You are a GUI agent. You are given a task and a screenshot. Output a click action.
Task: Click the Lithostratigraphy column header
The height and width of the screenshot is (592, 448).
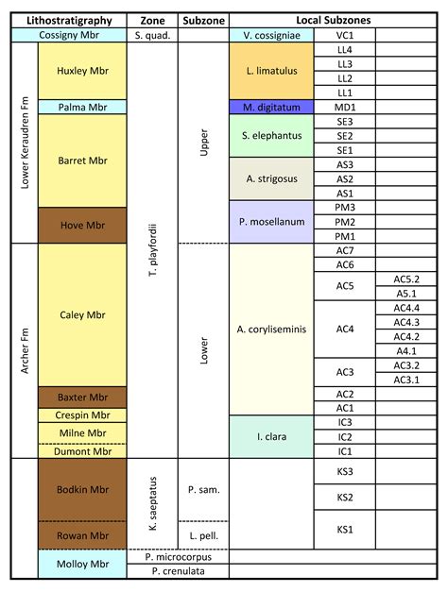pos(69,21)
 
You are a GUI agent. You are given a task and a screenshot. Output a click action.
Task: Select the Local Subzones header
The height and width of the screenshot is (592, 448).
pos(333,21)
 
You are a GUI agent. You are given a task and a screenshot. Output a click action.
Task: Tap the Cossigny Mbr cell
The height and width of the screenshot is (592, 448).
pos(69,35)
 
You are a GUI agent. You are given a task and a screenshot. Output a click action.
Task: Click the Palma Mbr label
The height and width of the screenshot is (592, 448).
pos(82,108)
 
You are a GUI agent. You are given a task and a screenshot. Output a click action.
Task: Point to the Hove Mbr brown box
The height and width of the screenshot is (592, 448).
pos(82,225)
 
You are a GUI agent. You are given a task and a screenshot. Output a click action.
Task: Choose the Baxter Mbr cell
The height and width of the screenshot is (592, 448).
pos(82,397)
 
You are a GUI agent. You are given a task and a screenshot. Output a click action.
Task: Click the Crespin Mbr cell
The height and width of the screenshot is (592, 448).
pos(82,415)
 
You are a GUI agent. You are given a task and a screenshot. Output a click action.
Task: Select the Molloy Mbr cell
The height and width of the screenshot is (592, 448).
pos(82,564)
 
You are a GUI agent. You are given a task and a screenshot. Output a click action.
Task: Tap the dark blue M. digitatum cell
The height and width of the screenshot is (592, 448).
pos(271,108)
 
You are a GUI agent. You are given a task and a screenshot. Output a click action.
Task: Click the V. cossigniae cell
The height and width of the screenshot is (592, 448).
pos(271,35)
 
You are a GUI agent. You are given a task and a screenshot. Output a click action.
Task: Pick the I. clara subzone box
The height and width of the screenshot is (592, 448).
pos(271,437)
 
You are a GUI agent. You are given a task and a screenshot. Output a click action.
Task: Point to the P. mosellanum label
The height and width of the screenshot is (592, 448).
pos(271,222)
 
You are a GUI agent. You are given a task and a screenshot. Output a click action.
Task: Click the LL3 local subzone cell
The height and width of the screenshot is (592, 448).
pos(345,64)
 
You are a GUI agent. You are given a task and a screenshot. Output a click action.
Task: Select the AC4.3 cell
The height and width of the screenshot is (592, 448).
pos(406,322)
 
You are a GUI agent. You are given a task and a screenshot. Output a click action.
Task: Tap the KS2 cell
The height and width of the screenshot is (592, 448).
pos(345,498)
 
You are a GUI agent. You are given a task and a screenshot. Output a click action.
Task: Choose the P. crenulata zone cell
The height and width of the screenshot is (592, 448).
pos(178,571)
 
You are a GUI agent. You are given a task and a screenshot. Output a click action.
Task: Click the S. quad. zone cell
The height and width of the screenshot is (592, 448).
pos(152,35)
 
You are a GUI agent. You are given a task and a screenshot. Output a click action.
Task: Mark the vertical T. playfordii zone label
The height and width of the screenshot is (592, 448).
pos(152,250)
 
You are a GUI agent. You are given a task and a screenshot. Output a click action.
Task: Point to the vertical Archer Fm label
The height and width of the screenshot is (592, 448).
pos(25,350)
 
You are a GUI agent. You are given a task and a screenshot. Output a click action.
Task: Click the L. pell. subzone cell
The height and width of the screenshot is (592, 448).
pos(203,535)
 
